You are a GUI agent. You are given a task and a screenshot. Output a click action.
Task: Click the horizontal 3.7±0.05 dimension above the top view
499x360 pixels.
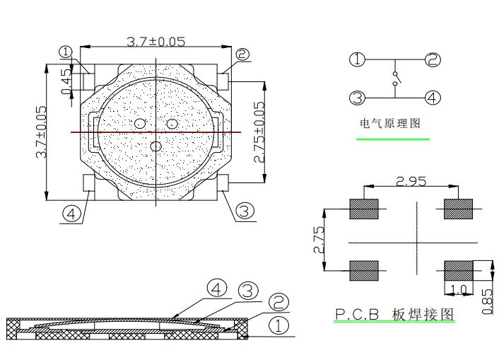(155, 42)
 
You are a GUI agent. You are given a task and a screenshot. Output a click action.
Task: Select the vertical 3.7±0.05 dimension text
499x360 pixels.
(42, 132)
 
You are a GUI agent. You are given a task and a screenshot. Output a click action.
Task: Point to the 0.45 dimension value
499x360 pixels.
(66, 81)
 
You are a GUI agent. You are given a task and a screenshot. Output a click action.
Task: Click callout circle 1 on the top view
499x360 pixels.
(66, 52)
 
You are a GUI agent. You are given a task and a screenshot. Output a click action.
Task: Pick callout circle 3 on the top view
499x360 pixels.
(244, 210)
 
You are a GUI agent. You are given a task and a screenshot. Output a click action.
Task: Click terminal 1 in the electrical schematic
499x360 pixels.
(358, 60)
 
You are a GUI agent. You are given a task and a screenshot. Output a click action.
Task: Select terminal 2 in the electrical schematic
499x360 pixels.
(432, 60)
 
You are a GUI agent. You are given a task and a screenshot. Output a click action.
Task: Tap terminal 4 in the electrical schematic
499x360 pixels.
(432, 98)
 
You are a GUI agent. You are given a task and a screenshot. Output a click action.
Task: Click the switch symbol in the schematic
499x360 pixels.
(395, 79)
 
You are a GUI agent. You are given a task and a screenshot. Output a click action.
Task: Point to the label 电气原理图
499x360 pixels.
(390, 123)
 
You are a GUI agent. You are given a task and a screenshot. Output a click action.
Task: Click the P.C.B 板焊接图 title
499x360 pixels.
(394, 313)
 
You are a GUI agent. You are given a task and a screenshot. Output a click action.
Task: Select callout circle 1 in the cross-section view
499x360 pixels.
(278, 325)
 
